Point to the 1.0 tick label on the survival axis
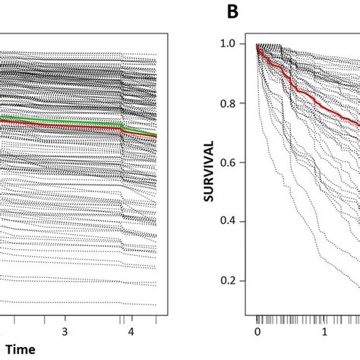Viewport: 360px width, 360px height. click(x=231, y=46)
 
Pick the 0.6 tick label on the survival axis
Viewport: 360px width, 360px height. click(x=231, y=163)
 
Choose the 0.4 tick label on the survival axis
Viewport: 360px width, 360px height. click(x=231, y=221)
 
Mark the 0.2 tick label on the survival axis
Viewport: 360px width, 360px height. click(x=231, y=279)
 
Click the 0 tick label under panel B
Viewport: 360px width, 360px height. click(x=257, y=332)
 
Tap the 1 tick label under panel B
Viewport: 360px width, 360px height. click(x=324, y=332)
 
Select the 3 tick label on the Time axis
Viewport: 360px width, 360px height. click(x=65, y=332)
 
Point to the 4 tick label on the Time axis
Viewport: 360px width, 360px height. click(x=131, y=332)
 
